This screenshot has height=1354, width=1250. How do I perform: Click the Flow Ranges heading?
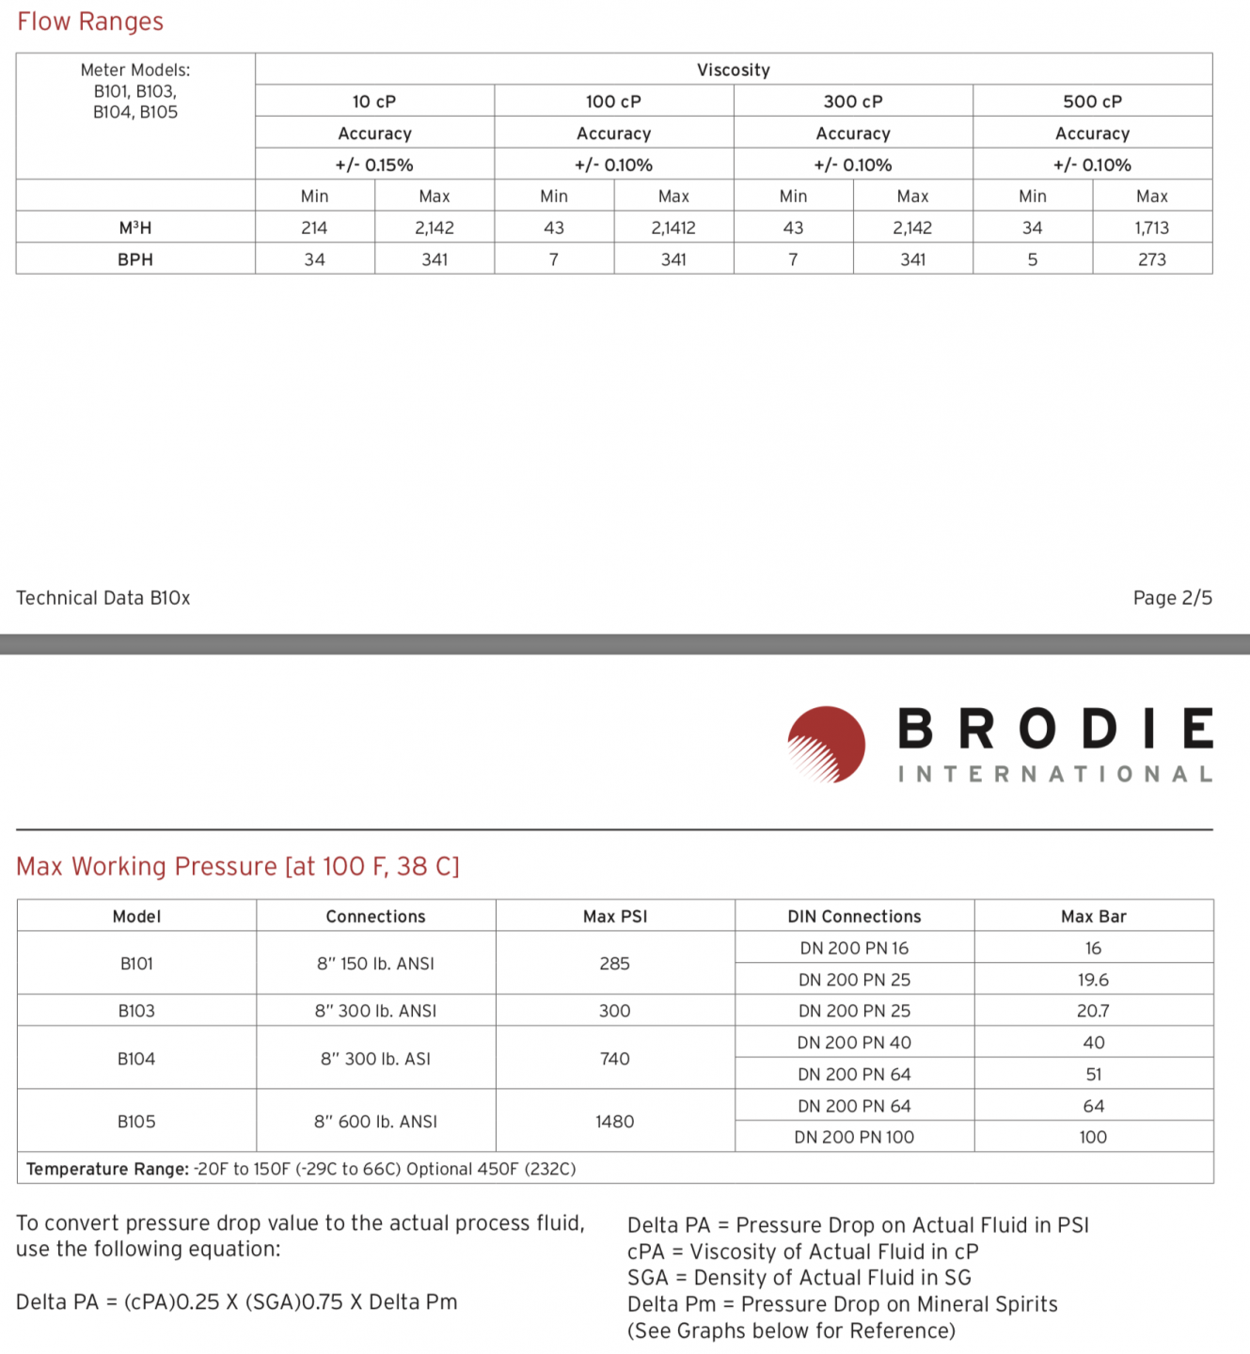(90, 22)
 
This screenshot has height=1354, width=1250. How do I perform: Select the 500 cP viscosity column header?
(1092, 102)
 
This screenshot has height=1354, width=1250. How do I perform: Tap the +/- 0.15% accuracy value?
(374, 165)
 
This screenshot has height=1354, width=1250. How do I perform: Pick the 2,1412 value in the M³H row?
(673, 228)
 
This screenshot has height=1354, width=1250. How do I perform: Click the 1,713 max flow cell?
(1151, 228)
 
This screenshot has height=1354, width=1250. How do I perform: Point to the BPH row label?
(135, 260)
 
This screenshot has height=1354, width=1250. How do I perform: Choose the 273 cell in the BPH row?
(1151, 260)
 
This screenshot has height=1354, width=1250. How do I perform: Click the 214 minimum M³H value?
(314, 228)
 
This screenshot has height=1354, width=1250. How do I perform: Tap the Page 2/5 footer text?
(1172, 598)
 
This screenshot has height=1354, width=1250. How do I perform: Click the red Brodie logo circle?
(827, 744)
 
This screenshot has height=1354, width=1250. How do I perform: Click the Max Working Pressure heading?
(238, 866)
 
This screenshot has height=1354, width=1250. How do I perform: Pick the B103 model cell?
(136, 1011)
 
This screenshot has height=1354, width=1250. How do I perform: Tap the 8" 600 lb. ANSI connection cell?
(375, 1122)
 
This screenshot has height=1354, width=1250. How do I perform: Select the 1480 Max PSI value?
(614, 1122)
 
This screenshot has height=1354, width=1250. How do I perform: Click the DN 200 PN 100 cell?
(854, 1137)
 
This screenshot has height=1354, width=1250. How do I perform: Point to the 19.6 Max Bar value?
(1093, 980)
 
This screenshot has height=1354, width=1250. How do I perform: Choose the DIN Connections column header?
(854, 917)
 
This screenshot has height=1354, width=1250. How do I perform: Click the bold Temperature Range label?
(107, 1169)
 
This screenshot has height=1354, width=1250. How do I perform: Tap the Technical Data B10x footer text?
(103, 598)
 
